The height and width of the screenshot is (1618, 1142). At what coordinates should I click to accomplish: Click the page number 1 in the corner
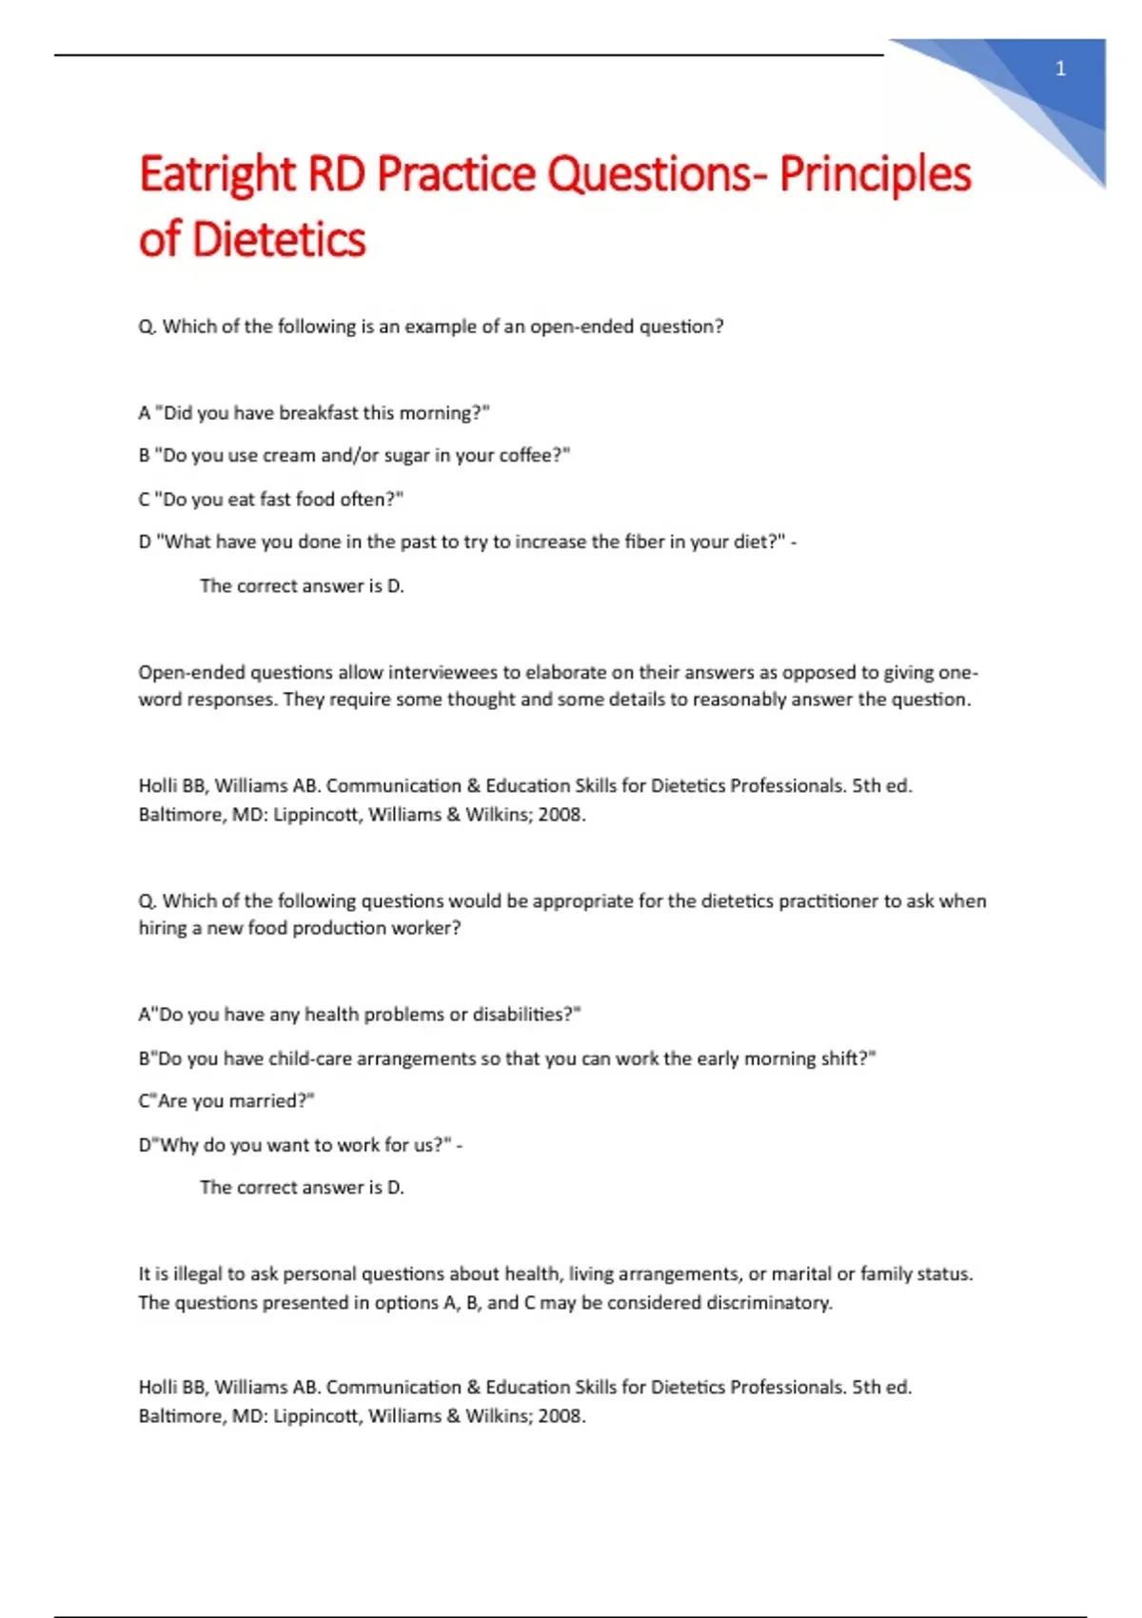tap(1060, 69)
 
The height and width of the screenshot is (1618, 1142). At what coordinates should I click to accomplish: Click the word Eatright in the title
tap(218, 174)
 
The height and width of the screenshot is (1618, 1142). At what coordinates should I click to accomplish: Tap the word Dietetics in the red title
tap(279, 239)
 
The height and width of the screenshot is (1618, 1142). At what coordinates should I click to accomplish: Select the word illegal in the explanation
tap(196, 1273)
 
